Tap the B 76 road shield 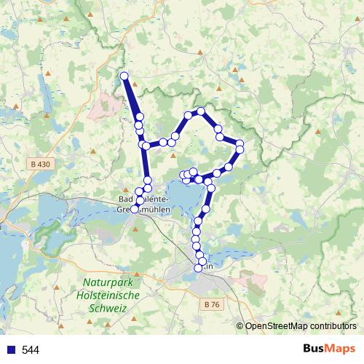(x=210, y=304)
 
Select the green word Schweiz (x=106, y=309)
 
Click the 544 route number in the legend (x=31, y=350)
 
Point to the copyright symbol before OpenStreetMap (x=240, y=326)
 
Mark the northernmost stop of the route (x=124, y=76)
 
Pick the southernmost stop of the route (x=198, y=269)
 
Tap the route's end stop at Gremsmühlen (x=134, y=210)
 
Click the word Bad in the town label (x=125, y=198)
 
